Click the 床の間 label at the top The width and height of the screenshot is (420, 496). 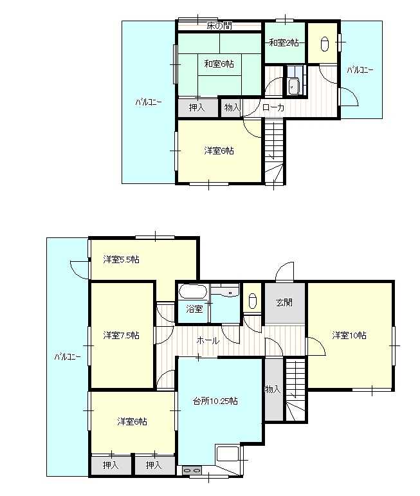pyautogui.click(x=219, y=26)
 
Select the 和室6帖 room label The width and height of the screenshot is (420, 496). pyautogui.click(x=219, y=64)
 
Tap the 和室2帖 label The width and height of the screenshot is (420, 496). pyautogui.click(x=284, y=43)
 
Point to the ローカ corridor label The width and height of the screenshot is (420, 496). pyautogui.click(x=273, y=108)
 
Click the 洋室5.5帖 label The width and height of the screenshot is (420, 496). pyautogui.click(x=122, y=260)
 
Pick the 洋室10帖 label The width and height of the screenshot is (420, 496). pyautogui.click(x=349, y=335)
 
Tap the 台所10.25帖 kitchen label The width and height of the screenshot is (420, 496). pyautogui.click(x=215, y=401)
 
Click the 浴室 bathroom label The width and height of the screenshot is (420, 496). pyautogui.click(x=195, y=309)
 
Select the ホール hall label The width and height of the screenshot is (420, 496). pyautogui.click(x=208, y=340)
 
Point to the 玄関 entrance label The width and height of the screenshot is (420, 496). pyautogui.click(x=285, y=302)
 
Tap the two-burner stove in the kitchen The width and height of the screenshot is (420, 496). pyautogui.click(x=192, y=471)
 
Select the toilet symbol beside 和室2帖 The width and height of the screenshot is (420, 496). pyautogui.click(x=323, y=44)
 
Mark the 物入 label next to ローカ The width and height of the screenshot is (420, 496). pyautogui.click(x=232, y=108)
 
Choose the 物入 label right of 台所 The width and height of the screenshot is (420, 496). pyautogui.click(x=272, y=389)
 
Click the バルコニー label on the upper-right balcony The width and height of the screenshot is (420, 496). pyautogui.click(x=360, y=69)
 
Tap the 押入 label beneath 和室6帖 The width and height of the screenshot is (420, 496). pyautogui.click(x=197, y=108)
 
